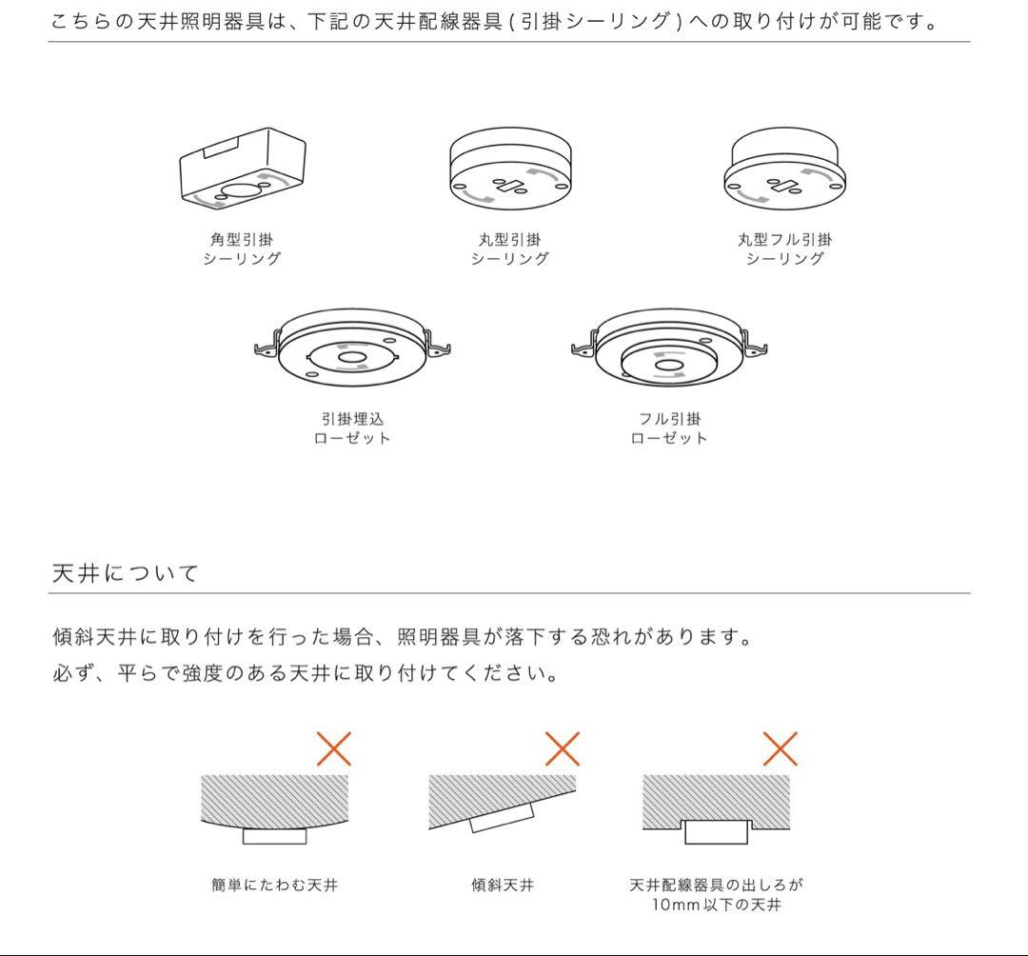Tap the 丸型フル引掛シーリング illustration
point(784,169)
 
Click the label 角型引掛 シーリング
point(242,249)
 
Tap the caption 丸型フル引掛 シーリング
point(784,249)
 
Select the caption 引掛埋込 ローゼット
point(352,428)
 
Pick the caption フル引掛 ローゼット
point(669,428)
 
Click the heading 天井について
point(125,573)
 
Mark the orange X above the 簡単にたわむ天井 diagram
point(333,749)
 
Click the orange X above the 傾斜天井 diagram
point(563,749)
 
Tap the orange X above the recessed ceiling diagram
point(780,749)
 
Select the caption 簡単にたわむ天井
point(274,885)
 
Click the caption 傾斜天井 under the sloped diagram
point(503,885)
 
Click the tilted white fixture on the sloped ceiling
point(504,816)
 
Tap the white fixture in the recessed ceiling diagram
point(718,831)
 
